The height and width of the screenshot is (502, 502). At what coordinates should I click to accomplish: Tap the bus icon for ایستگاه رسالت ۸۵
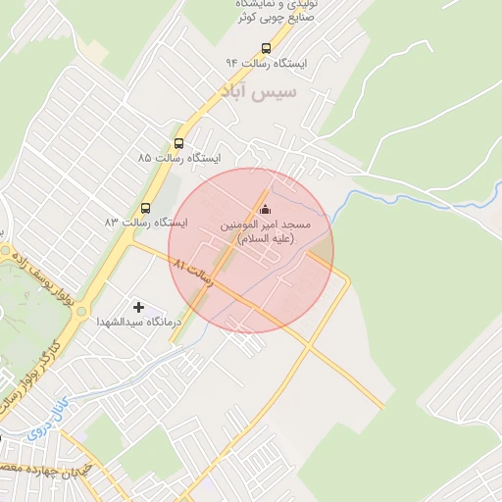(x=178, y=141)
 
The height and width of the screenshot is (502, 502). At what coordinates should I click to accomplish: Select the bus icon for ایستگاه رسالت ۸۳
(x=145, y=207)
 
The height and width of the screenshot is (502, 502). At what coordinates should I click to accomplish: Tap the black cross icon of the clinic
(x=138, y=307)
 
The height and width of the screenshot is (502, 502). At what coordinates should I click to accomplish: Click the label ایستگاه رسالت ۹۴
(x=266, y=63)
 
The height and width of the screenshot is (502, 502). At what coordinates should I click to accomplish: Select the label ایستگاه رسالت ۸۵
(x=179, y=157)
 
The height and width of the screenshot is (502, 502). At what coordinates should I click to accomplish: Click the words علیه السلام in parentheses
(x=266, y=239)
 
